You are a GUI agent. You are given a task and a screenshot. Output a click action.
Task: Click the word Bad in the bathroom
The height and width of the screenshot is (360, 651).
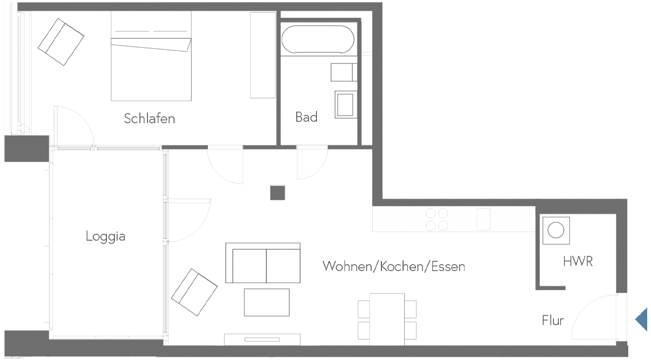click(306, 117)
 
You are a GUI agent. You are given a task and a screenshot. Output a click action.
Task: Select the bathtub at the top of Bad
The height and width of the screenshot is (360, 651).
click(318, 39)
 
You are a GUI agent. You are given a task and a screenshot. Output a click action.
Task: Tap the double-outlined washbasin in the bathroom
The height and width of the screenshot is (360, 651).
click(344, 104)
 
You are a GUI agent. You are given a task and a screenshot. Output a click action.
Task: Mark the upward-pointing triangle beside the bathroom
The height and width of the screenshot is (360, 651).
click(367, 142)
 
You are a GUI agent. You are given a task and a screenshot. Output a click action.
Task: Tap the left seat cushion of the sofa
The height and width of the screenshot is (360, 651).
click(250, 265)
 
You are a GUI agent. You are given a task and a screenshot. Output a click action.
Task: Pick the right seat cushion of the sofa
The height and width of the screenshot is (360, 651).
click(283, 265)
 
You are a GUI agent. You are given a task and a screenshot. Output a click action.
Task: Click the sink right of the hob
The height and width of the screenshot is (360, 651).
click(483, 218)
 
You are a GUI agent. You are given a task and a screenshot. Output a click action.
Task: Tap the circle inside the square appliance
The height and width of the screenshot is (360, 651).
click(556, 230)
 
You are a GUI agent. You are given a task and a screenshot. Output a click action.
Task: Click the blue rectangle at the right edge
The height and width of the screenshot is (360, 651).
click(641, 319)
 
